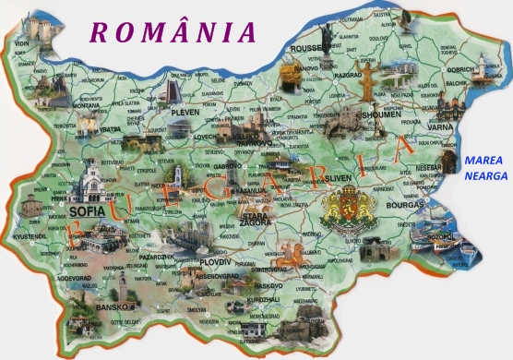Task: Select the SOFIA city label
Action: (x=88, y=211)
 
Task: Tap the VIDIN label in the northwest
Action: (x=20, y=43)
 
